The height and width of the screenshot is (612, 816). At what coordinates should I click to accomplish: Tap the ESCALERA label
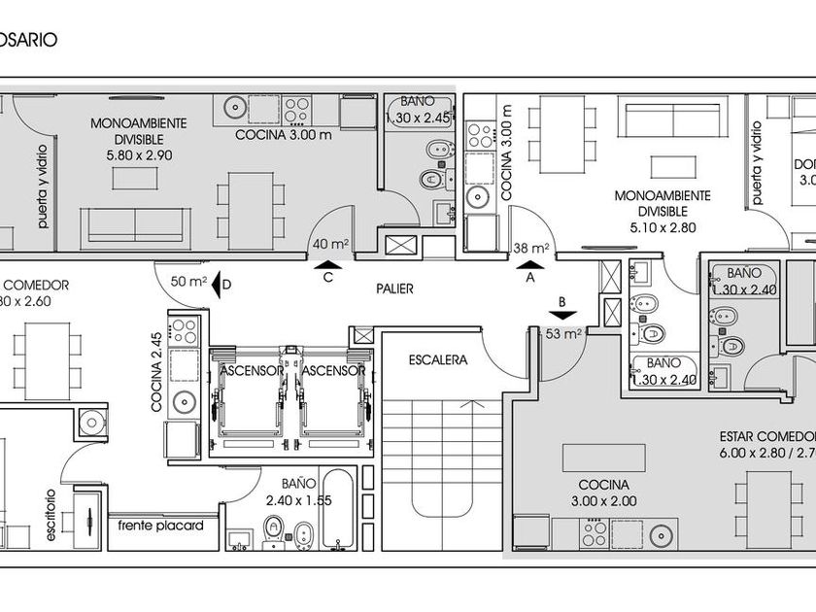437,359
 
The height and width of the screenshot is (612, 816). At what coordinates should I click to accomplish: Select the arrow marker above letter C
329,262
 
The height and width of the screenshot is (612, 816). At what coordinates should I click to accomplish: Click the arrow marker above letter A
530,262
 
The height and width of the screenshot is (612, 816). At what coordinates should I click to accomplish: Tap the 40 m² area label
330,244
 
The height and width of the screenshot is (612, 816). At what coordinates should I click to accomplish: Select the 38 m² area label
531,248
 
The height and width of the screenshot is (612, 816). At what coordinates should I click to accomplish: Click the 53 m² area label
563,335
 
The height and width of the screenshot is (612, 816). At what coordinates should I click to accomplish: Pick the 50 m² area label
188,282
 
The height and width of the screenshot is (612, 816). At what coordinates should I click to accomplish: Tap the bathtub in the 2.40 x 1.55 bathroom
340,510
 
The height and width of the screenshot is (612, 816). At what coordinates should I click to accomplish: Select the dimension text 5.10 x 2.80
663,228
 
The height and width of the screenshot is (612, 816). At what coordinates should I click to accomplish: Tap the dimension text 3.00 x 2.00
603,502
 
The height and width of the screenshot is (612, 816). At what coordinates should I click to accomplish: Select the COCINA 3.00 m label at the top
284,135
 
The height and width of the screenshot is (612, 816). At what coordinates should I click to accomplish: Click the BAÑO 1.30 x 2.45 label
419,110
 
